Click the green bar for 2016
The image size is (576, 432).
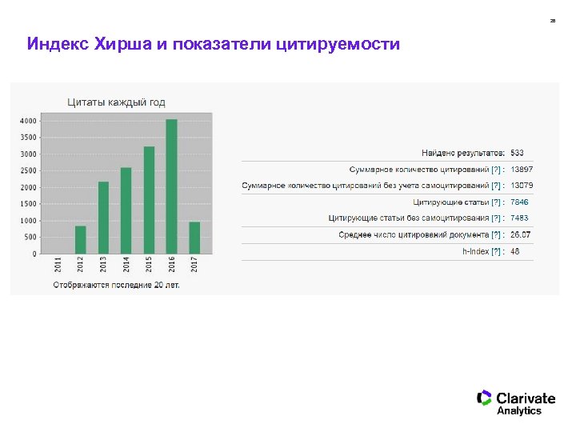[171, 186]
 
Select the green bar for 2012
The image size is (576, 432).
[80, 239]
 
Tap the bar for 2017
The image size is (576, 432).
[194, 238]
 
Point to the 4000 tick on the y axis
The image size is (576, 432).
[27, 121]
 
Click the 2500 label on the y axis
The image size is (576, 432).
[27, 170]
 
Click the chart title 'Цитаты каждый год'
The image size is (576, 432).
[116, 102]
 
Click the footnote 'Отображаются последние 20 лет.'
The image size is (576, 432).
[117, 284]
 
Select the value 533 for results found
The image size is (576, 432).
[517, 153]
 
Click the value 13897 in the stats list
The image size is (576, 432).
[522, 170]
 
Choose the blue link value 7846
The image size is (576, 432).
[519, 202]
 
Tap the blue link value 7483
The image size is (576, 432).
[519, 218]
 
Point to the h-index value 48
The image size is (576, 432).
[515, 251]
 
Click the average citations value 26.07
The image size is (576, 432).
[520, 234]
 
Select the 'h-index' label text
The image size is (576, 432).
[475, 251]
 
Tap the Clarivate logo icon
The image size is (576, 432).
[484, 398]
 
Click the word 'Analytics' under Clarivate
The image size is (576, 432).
[519, 411]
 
